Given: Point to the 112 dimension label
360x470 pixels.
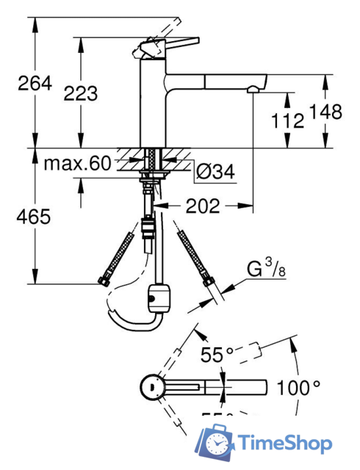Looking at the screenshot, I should pos(287,120).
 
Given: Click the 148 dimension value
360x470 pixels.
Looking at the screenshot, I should pos(326,112).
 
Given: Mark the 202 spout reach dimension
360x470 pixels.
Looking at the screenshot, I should pos(204,207).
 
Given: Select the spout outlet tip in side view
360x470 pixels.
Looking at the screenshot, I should pos(253,90).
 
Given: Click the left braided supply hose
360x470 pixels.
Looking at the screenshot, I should pos(118,253).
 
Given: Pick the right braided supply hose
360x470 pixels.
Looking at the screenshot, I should pos(193,253).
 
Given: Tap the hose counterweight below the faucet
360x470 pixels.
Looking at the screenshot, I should pos(157,297).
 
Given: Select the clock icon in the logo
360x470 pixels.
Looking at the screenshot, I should pos(218,444).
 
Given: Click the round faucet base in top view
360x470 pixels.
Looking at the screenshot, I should pos(151,386).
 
